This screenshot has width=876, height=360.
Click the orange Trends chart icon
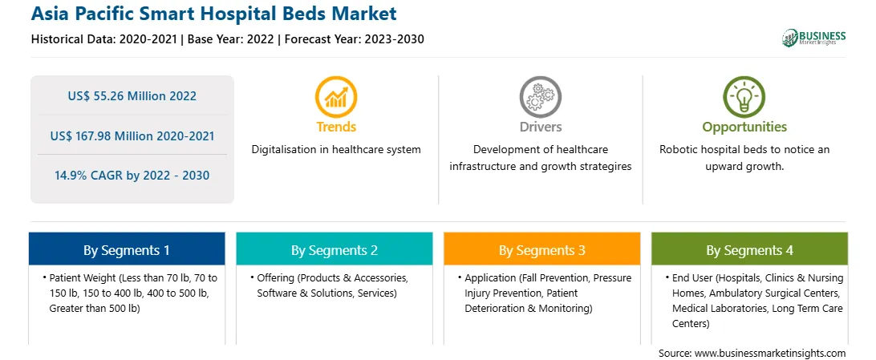(x=336, y=97)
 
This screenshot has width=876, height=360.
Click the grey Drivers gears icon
(x=540, y=97)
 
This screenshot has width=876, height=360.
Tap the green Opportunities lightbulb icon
(x=744, y=97)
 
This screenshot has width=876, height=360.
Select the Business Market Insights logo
(x=813, y=38)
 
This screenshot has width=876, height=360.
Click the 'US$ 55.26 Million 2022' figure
(x=132, y=96)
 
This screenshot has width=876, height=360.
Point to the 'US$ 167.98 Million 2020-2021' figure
(x=132, y=136)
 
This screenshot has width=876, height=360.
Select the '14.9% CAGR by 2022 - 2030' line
(x=132, y=176)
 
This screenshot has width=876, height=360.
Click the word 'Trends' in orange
(x=336, y=127)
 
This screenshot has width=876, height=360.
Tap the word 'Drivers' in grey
(x=541, y=127)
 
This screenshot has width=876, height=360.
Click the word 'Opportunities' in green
(x=744, y=127)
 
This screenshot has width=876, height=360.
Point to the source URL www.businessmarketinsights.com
(x=770, y=354)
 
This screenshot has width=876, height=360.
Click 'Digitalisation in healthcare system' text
(x=336, y=150)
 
